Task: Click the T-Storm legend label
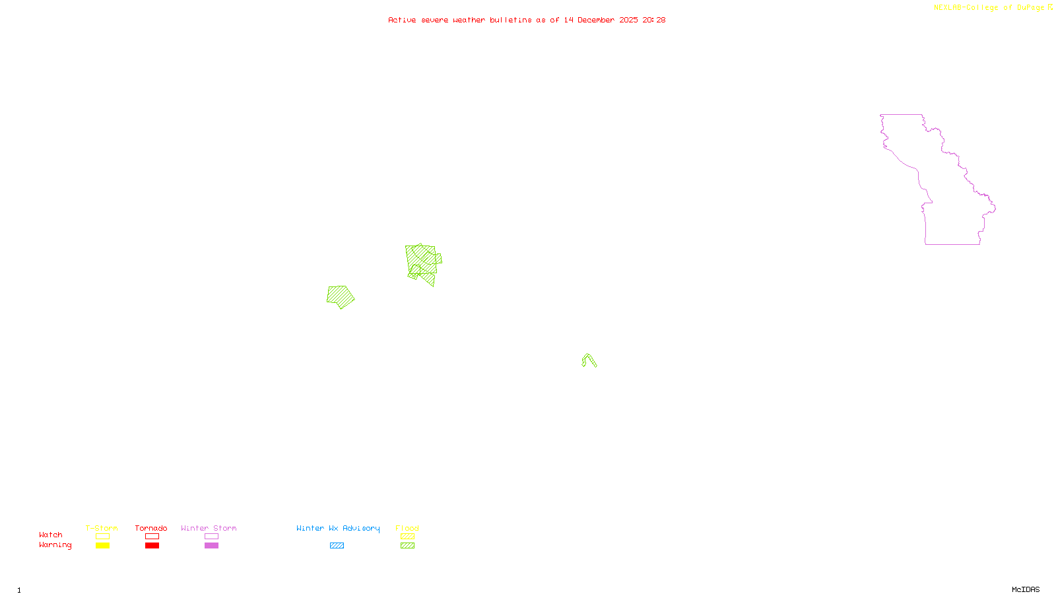point(102,528)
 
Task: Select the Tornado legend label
point(151,528)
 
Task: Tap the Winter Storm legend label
point(209,528)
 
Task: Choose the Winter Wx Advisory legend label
point(338,528)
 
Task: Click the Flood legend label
point(407,528)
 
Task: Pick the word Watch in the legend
point(51,535)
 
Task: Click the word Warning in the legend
point(55,545)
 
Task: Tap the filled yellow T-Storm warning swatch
point(102,546)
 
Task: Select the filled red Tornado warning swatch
point(152,546)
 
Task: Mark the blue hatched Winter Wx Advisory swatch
point(337,546)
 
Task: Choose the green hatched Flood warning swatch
point(408,546)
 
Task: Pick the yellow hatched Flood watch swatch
point(408,537)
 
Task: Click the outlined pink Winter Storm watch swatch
point(211,537)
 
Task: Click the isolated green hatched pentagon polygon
point(340,296)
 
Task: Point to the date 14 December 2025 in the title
point(601,20)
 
